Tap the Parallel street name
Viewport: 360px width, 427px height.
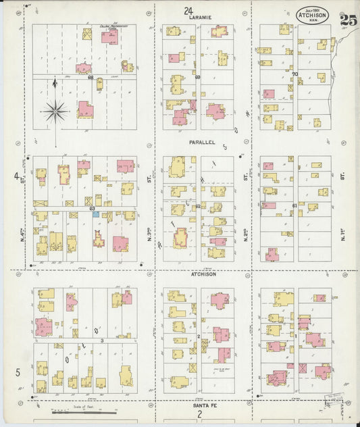coord(201,143)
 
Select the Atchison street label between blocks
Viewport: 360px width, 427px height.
coord(203,274)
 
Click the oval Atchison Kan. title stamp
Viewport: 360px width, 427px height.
coord(313,15)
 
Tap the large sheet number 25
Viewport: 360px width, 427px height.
coord(349,20)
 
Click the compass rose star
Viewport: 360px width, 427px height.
coord(54,109)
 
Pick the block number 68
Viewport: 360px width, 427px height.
coord(90,77)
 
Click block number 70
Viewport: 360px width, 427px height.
coord(295,74)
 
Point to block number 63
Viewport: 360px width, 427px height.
coord(92,209)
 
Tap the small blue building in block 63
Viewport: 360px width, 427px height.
coord(96,214)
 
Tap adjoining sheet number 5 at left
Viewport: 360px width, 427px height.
coord(18,372)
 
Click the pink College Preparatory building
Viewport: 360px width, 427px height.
coord(109,36)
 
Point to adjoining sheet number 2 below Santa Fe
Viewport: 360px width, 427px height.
coord(199,413)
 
